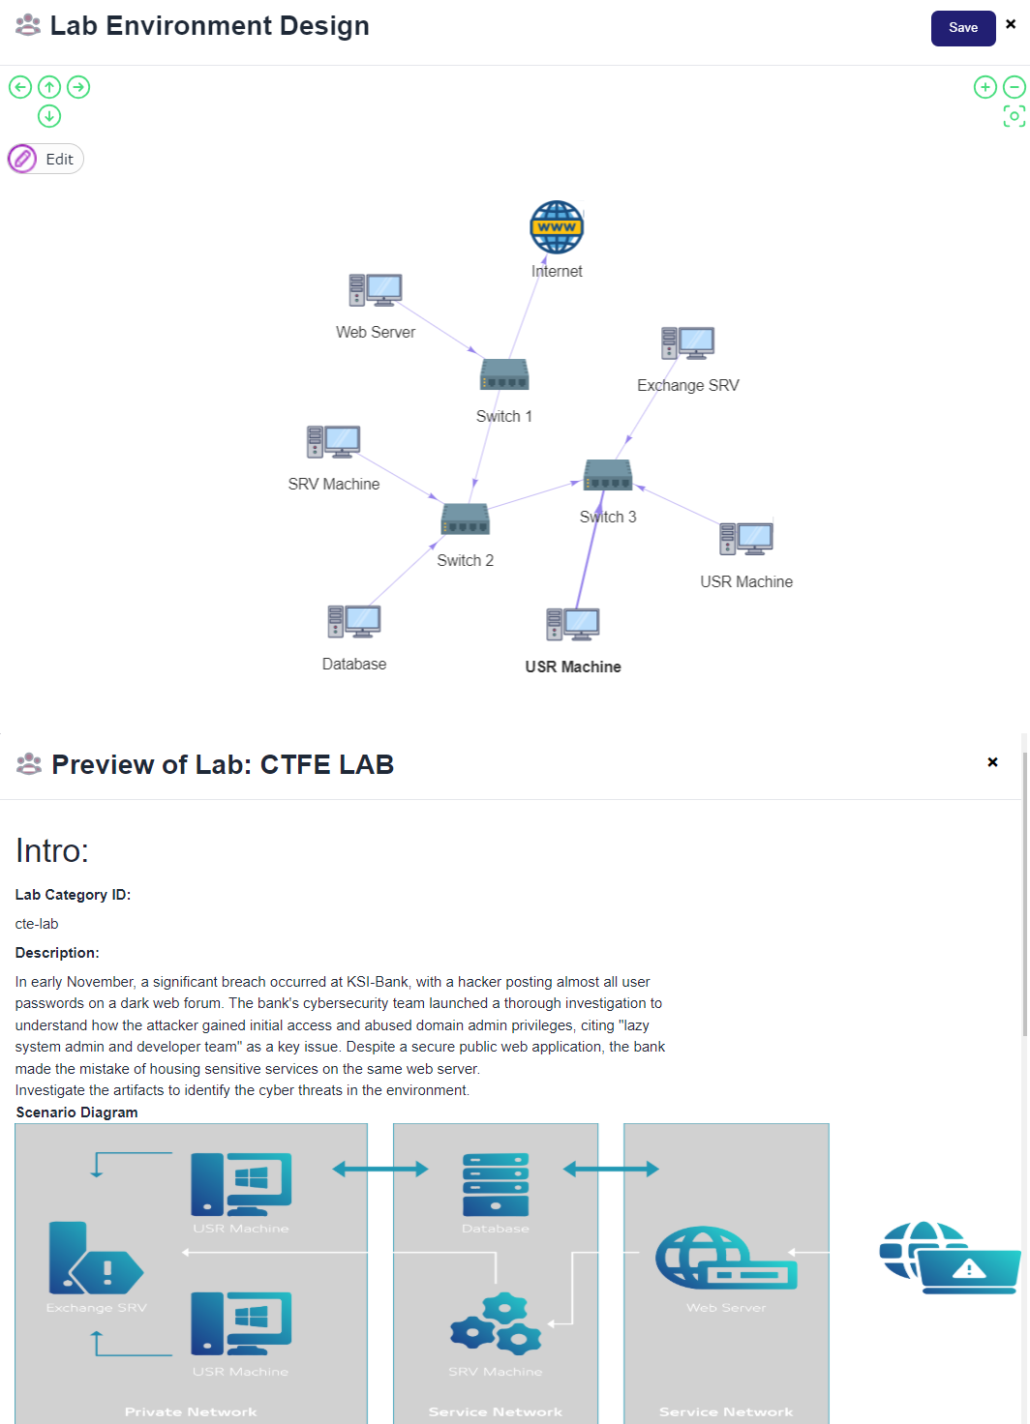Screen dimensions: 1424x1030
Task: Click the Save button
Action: tap(962, 28)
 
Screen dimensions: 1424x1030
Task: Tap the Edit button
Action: tap(46, 159)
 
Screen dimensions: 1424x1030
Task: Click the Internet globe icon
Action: tap(557, 227)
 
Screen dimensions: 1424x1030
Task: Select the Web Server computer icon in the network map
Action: tap(376, 290)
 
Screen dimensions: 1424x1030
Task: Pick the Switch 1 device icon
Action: tap(504, 374)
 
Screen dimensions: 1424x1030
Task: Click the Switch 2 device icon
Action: tap(466, 519)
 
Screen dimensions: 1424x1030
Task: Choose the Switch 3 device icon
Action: tap(608, 475)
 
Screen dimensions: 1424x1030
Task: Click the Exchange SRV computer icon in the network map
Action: tap(688, 343)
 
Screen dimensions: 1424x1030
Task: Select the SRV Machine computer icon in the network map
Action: tap(334, 442)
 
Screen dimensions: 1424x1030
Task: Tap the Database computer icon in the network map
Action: tap(354, 622)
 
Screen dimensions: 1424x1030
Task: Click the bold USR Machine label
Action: tap(573, 667)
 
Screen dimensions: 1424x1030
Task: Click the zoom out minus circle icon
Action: tap(1014, 87)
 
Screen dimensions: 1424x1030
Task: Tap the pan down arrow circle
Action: tap(49, 116)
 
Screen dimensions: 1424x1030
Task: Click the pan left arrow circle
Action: tap(20, 87)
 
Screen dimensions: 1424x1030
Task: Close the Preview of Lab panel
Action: tap(992, 762)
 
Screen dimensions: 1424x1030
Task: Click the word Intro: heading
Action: tap(52, 851)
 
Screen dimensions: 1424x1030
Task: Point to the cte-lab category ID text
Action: tap(37, 924)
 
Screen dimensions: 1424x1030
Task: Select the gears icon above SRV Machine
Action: tap(496, 1323)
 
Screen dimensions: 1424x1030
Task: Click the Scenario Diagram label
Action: tap(77, 1112)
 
